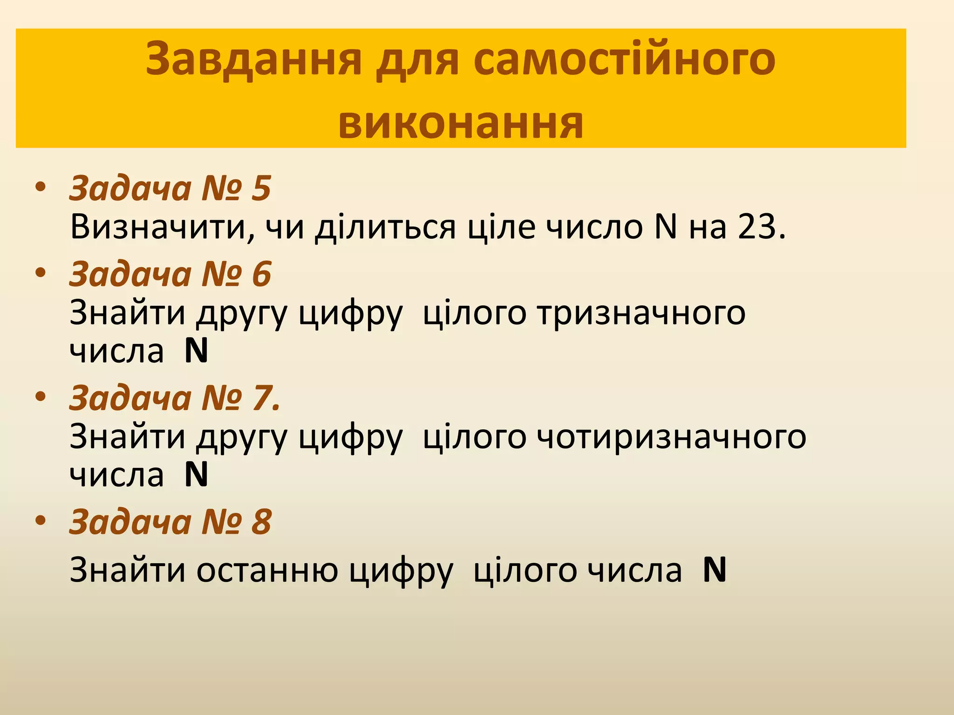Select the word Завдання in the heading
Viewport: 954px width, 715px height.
[x=254, y=60]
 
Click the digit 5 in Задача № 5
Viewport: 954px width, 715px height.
[x=261, y=189]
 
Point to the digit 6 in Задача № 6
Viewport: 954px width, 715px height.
[x=261, y=274]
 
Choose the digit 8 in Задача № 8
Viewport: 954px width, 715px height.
[x=261, y=522]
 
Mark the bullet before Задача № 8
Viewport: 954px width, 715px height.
[x=41, y=520]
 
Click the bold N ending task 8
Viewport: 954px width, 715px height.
[x=715, y=570]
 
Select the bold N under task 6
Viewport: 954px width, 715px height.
[x=196, y=351]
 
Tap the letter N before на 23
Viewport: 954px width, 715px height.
[x=665, y=227]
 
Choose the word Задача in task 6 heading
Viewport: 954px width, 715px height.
[x=130, y=274]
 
